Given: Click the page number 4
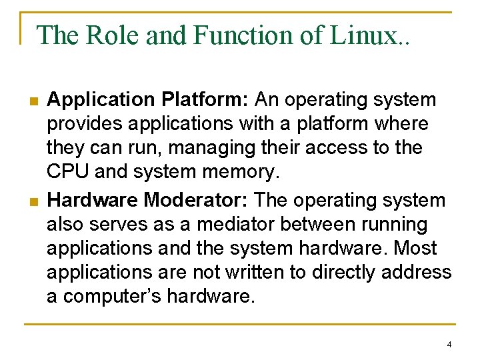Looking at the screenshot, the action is click(449, 345).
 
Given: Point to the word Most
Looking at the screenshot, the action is click(415, 248).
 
